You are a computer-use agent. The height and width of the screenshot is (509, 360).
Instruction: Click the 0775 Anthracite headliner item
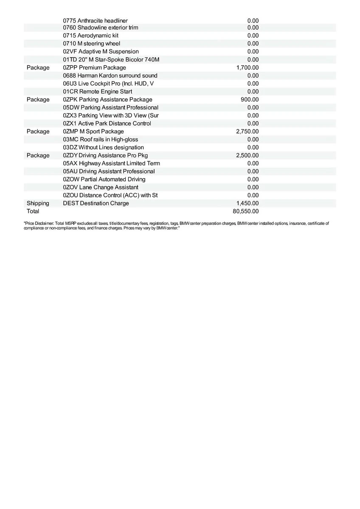[95, 20]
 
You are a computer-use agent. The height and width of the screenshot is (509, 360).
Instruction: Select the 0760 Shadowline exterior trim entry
[100, 28]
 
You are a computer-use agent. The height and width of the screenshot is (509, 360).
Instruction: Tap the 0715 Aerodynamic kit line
[90, 36]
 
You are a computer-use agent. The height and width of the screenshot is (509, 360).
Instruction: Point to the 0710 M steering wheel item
[91, 43]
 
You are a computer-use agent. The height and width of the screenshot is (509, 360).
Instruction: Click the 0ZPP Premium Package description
[94, 67]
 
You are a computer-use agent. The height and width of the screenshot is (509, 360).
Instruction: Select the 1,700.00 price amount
[247, 67]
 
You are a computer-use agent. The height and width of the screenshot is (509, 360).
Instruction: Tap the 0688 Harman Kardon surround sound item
[110, 76]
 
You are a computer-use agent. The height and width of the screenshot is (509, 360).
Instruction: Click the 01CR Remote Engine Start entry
[97, 92]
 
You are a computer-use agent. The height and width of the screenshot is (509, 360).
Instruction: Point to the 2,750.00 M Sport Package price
[247, 131]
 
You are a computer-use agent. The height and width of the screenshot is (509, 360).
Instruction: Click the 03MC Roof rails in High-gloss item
[100, 140]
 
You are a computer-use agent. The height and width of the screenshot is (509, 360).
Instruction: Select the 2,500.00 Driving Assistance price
[247, 156]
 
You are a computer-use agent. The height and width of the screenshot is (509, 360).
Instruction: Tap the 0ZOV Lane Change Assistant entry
[100, 187]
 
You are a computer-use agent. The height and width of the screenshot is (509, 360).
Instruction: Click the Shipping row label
[38, 203]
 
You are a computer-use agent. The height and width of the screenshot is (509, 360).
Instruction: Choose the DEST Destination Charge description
[96, 203]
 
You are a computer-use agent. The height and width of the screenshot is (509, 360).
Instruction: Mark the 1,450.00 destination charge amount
[247, 203]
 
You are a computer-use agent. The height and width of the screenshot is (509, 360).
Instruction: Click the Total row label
[33, 211]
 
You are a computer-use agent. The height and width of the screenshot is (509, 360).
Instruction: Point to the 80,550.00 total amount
[246, 211]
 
